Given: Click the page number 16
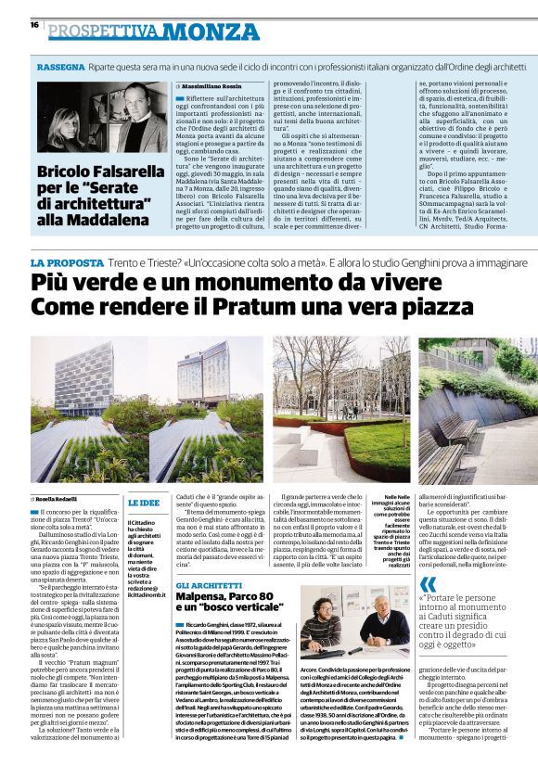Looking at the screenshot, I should (34, 25).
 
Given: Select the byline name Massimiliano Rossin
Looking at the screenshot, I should (220, 85).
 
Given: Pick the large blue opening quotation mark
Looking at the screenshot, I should (428, 585).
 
